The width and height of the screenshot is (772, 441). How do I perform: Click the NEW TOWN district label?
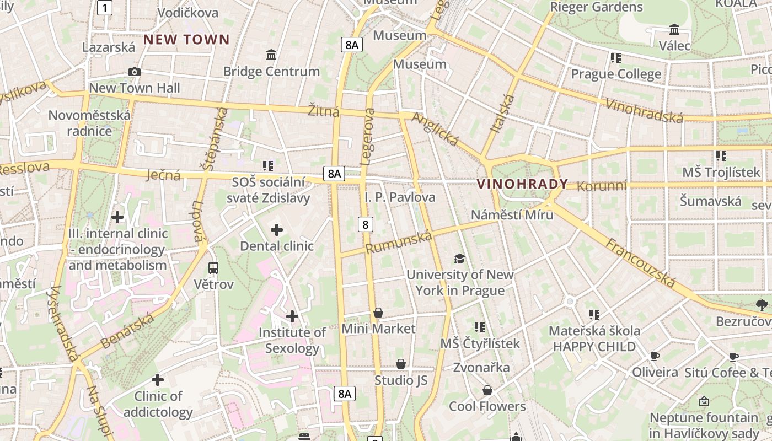[x=186, y=40]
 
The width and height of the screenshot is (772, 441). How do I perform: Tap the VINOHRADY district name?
[x=522, y=184]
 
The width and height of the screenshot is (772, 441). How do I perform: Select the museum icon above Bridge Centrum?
[x=271, y=55]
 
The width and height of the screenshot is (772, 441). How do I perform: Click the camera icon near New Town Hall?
[x=134, y=72]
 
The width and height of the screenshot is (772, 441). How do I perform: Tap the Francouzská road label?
[x=640, y=263]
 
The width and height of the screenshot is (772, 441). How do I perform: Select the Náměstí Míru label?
[x=512, y=214]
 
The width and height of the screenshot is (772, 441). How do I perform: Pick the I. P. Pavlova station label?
[x=400, y=197]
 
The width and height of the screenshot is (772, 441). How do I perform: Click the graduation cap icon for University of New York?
[x=459, y=259]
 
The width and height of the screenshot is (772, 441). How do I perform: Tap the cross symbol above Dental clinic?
[x=277, y=230]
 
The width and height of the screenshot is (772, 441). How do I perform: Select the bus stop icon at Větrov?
[x=213, y=268]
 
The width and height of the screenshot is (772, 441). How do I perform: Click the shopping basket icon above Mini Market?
[x=378, y=313]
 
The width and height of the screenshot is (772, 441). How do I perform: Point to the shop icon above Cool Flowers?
[x=487, y=391]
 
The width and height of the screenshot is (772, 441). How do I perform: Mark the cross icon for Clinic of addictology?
[x=158, y=380]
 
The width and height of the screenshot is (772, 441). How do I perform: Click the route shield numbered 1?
[x=105, y=8]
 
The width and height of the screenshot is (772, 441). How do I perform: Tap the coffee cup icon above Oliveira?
[x=655, y=357]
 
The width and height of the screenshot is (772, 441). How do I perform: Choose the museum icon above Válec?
[x=674, y=29]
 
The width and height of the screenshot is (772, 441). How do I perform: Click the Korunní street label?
[x=602, y=186]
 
